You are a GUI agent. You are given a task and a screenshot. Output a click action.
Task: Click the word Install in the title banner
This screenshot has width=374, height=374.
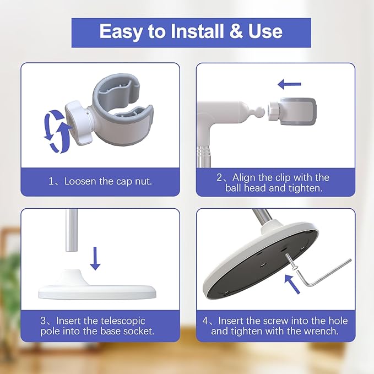(198, 31)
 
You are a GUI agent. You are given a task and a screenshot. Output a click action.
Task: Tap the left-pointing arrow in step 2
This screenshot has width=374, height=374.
(290, 84)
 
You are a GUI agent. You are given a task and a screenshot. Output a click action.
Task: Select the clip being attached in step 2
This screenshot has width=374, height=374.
(292, 111)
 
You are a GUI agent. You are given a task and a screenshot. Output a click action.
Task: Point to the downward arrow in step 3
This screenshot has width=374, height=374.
(95, 258)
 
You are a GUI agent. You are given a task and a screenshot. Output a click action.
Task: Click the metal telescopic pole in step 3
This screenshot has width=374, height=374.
(71, 230)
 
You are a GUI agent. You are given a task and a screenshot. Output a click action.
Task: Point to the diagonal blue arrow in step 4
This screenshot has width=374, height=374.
(292, 284)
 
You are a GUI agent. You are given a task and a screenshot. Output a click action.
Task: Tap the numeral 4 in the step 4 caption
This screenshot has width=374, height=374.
(205, 321)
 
